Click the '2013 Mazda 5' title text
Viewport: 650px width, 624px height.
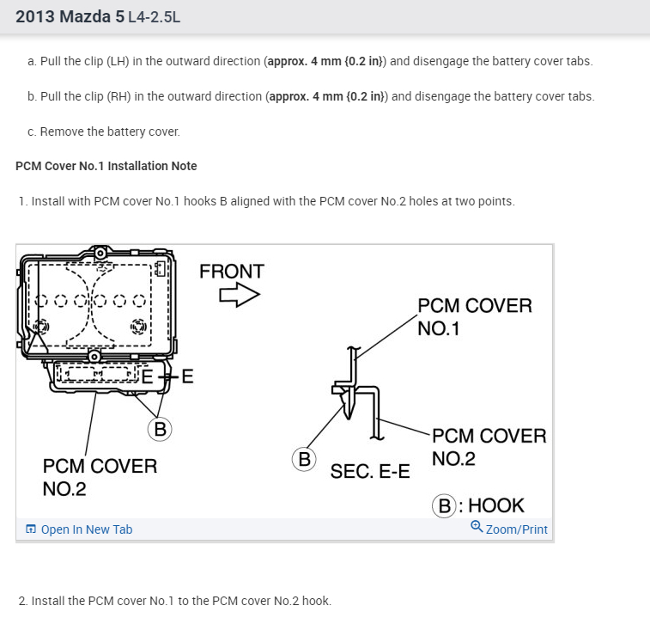point(70,16)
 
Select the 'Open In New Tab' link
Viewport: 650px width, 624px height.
point(86,529)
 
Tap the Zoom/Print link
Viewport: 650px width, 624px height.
point(515,529)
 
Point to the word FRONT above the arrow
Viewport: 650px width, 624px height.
point(232,272)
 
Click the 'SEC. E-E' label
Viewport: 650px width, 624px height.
point(370,471)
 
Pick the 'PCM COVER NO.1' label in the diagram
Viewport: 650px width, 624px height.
point(474,316)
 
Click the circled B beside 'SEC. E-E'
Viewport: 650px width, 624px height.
point(304,459)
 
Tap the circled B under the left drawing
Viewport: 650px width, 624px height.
point(159,428)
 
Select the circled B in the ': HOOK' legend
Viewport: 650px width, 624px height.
point(445,505)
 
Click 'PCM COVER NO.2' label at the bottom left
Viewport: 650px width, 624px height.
point(100,477)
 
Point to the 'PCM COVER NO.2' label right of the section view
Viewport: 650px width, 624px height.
point(489,447)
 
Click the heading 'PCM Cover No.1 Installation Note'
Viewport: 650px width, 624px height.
point(106,166)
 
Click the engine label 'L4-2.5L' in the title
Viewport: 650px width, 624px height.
point(154,17)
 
